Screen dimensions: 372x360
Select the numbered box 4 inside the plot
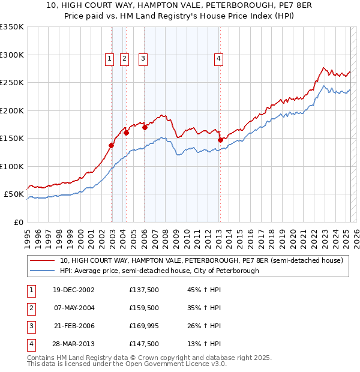219,58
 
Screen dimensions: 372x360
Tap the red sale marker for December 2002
112,145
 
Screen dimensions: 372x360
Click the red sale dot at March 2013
220,140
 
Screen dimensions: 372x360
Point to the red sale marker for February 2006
145,127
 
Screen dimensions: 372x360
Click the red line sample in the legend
43,261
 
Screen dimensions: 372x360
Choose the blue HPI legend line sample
43,271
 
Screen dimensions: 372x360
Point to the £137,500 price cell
144,290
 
